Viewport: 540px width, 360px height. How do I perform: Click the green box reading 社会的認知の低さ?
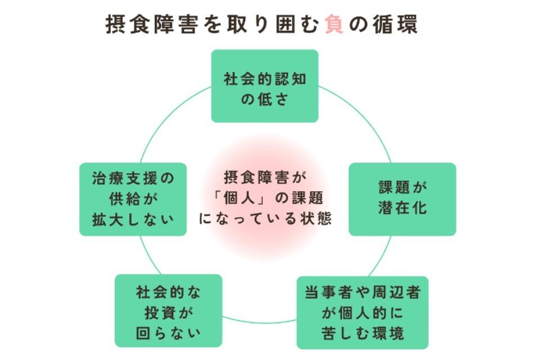(264, 86)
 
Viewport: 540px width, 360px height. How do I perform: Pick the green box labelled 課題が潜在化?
(402, 199)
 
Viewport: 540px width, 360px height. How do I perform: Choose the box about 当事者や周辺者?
(362, 312)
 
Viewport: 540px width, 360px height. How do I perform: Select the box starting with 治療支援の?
(133, 199)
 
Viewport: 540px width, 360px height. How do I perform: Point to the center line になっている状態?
(265, 218)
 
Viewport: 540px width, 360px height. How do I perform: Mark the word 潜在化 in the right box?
(402, 208)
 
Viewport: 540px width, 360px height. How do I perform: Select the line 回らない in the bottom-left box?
(168, 332)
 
